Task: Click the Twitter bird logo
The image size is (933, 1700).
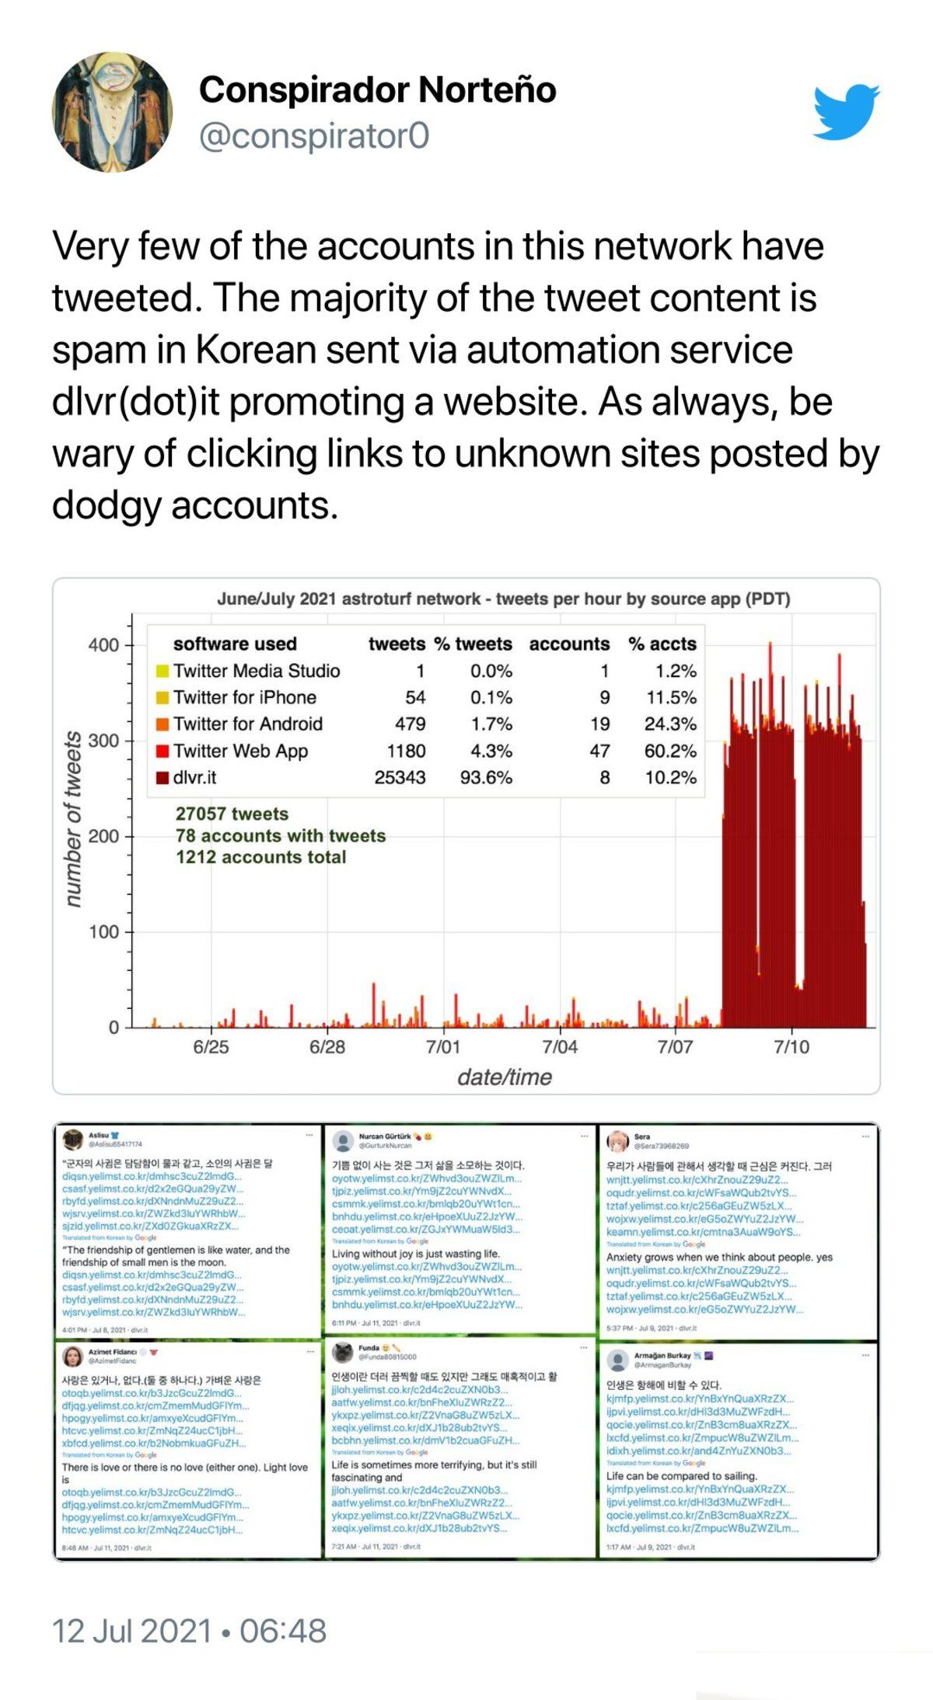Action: tap(846, 113)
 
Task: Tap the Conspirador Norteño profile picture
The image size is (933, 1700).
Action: tap(112, 112)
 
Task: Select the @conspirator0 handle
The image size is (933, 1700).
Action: tap(314, 136)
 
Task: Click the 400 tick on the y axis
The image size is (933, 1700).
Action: tap(103, 645)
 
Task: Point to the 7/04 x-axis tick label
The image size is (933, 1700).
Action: tap(560, 1047)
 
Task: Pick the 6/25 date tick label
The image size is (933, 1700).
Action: tap(211, 1047)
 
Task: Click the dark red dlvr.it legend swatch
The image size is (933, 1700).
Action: tap(162, 777)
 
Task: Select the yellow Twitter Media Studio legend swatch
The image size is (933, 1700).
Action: tap(162, 671)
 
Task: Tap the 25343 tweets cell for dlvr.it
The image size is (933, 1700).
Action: tap(400, 777)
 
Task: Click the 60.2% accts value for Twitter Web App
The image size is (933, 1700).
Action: tap(670, 751)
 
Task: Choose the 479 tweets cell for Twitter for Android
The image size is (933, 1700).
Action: tap(410, 724)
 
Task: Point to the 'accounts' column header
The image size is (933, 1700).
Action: tap(569, 644)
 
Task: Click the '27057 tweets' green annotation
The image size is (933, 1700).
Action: tap(232, 814)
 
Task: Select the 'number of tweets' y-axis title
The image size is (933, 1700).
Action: tap(72, 819)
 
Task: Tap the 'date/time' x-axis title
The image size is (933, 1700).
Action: tap(505, 1077)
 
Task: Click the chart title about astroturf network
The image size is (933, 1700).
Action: tap(503, 599)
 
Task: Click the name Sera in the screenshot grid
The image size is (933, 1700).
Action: tap(641, 1136)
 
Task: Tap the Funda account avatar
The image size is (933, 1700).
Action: tap(343, 1352)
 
